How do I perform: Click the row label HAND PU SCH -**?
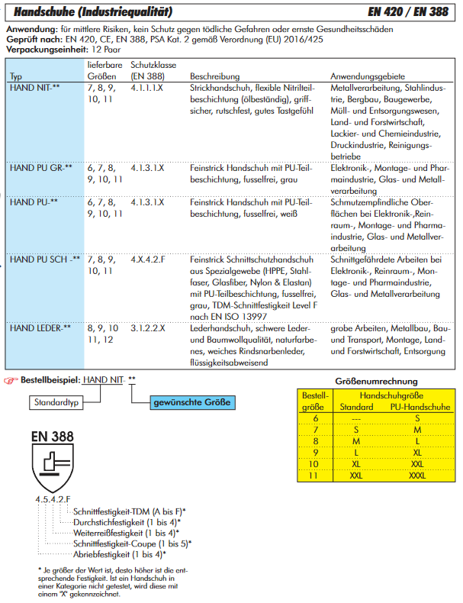coord(44,260)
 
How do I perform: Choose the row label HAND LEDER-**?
coord(40,328)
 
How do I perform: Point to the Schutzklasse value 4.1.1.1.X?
coord(147,89)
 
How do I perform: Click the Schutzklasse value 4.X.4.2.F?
coord(147,260)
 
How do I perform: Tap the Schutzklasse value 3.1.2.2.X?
coord(147,328)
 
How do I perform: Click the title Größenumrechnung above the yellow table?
coord(376,382)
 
